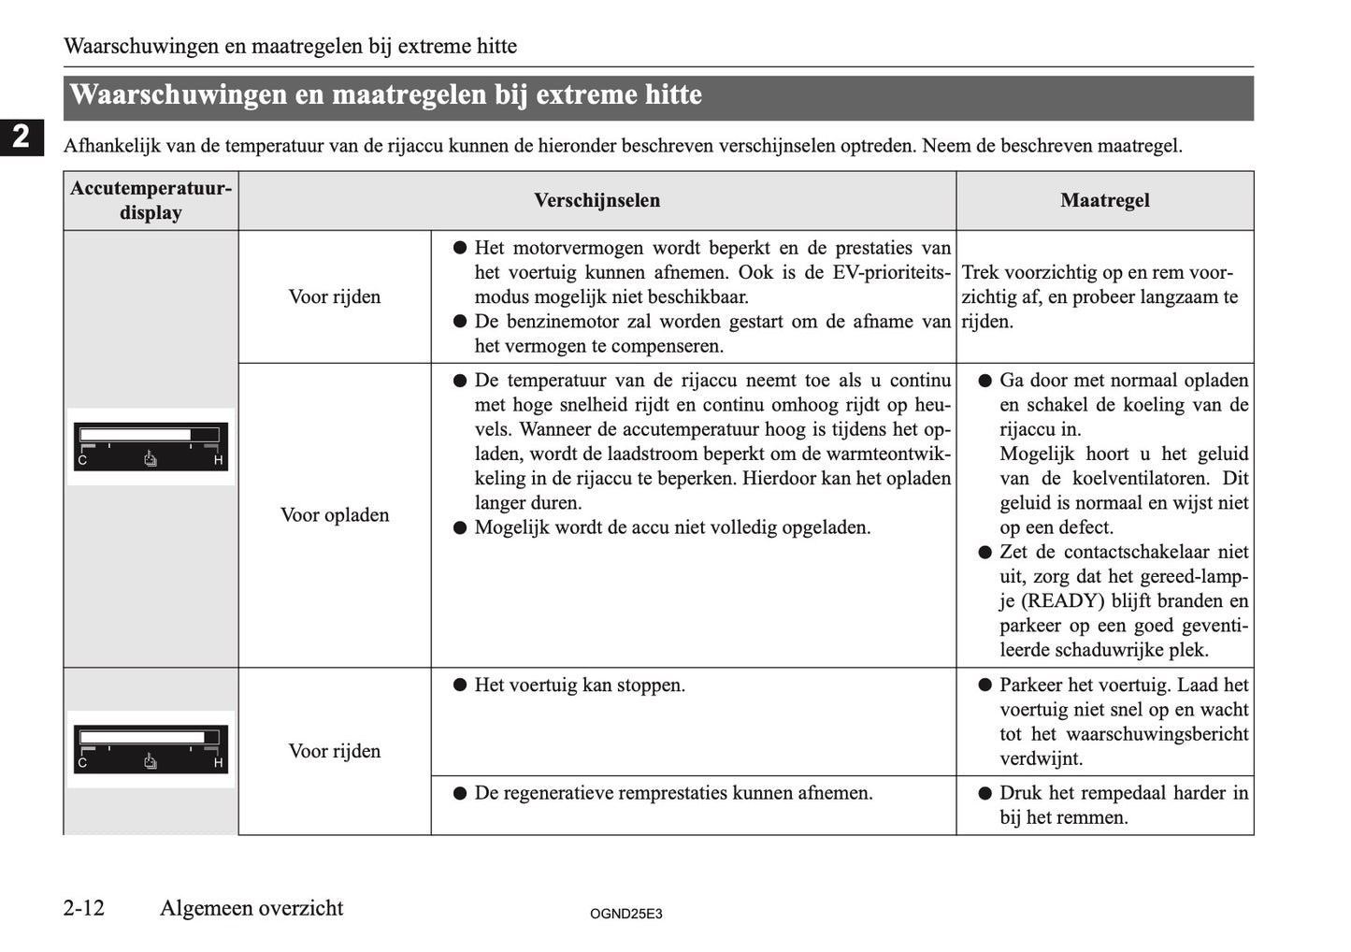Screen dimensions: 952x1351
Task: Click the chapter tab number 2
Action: point(21,137)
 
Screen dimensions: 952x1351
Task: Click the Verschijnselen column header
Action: point(596,200)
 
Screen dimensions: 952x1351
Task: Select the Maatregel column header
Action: point(1104,200)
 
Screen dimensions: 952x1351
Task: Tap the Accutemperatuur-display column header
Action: point(151,200)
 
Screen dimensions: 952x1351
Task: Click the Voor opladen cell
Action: point(335,515)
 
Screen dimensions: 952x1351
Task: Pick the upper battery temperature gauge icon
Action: point(151,447)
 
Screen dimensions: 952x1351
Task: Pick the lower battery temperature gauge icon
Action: point(151,749)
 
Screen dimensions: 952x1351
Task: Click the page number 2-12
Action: point(84,908)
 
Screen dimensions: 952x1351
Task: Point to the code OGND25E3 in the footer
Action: point(625,914)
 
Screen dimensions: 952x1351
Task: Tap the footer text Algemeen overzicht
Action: point(252,908)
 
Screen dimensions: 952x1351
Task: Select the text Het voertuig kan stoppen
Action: point(580,685)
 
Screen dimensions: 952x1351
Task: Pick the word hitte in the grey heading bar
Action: point(673,95)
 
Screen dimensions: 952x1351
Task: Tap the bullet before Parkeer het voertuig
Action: point(984,685)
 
